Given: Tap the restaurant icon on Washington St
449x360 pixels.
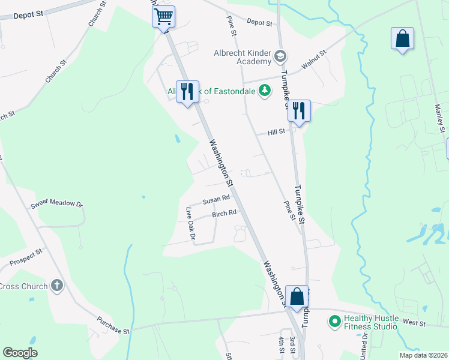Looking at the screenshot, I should tap(187, 92).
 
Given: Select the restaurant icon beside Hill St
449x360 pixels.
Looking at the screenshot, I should tap(298, 111).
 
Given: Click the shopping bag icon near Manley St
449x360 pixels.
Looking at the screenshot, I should tap(402, 39).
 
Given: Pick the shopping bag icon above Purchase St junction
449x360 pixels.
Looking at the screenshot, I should tap(297, 296).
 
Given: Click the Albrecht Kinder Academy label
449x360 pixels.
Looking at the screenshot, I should tap(243, 57).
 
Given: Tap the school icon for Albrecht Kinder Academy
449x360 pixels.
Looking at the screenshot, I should tap(279, 57).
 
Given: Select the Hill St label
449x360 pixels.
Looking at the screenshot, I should tap(277, 132).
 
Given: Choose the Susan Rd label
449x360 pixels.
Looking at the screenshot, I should tap(216, 199).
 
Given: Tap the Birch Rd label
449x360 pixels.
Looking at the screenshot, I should tap(224, 213).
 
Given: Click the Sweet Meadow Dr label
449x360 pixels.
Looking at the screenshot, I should tap(57, 204).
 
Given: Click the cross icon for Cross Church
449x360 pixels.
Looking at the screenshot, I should tap(57, 286).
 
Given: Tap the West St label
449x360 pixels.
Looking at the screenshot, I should tap(414, 323).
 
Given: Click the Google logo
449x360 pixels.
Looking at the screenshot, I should tap(20, 353).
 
